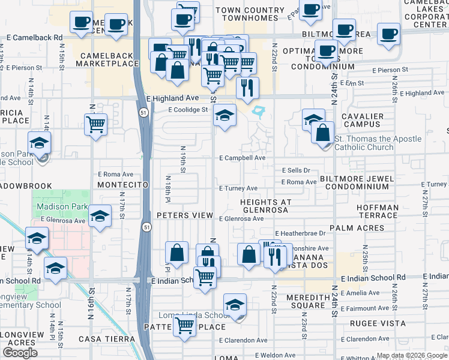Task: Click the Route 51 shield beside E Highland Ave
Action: point(142,112)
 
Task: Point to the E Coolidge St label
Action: point(188,110)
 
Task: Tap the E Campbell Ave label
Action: point(242,158)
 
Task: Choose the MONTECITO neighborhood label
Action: point(122,185)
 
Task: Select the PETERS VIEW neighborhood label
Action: point(185,215)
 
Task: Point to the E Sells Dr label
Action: point(296,170)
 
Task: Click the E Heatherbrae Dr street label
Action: point(300,233)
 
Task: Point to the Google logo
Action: point(20,353)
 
